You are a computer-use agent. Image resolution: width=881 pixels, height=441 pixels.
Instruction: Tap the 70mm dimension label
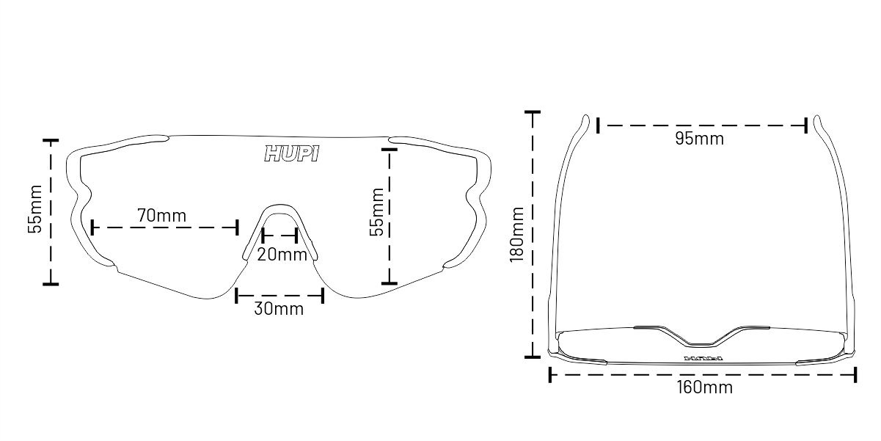click(x=161, y=216)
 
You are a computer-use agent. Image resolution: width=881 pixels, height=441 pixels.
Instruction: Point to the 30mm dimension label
click(x=279, y=308)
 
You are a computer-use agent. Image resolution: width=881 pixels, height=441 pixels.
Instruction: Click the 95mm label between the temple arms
click(x=699, y=138)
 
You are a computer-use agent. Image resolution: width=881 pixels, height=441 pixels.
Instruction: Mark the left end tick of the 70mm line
click(x=92, y=227)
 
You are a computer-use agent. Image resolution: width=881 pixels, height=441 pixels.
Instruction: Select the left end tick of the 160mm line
click(x=549, y=374)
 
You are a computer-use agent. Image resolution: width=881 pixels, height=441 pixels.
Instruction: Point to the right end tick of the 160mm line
click(x=855, y=374)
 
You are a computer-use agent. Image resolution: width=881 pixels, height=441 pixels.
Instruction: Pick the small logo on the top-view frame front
click(x=703, y=359)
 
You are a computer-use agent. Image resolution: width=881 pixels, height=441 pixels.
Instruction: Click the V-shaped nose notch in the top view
click(x=703, y=342)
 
